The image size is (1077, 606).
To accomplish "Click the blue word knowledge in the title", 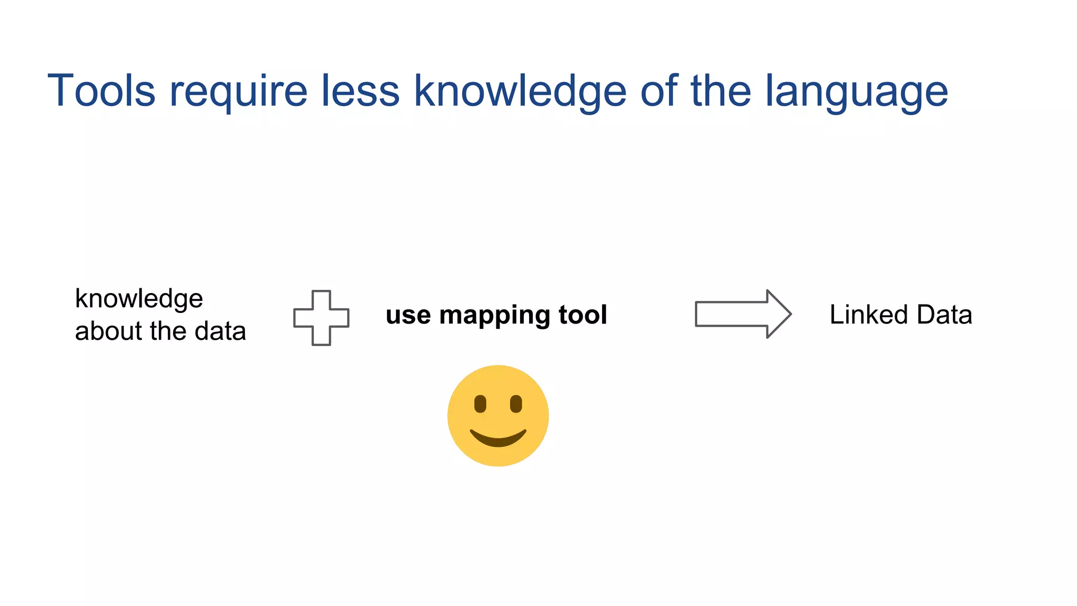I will coord(520,92).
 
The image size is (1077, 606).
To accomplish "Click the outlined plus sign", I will coord(321,318).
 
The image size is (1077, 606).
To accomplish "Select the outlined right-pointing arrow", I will coord(743,314).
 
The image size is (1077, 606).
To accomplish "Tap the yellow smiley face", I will coord(498,416).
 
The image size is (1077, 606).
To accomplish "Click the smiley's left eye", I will coord(480,404).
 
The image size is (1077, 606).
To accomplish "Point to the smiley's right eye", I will coord(516,404).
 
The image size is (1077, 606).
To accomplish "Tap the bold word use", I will coord(409,316).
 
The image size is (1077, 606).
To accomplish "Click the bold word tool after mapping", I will coord(583,315).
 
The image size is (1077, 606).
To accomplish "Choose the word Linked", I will coord(869,315).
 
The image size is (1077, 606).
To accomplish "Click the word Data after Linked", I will coord(944,315).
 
